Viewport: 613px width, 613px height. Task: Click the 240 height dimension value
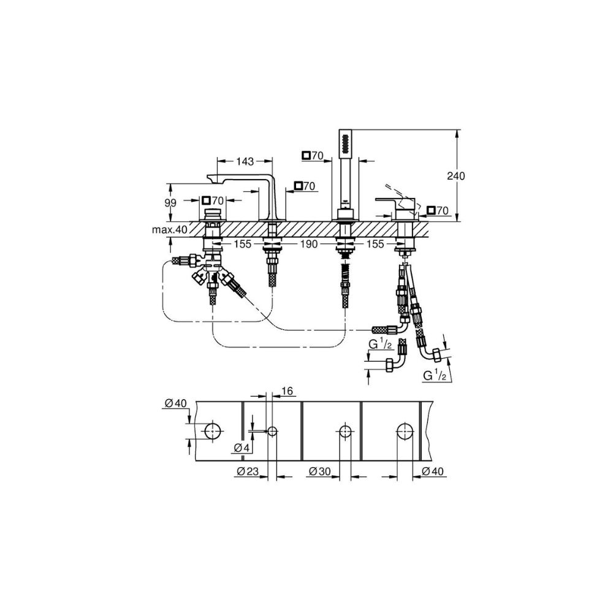tap(456, 176)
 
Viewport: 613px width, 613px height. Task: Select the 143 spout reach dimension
tap(245, 161)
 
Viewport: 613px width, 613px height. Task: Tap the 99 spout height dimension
tap(170, 203)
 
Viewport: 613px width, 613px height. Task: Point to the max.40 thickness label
tap(170, 229)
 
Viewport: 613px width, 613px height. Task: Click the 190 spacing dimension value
tap(309, 244)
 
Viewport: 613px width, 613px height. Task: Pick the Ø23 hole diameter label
tap(248, 471)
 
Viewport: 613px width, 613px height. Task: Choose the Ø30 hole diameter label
tap(319, 471)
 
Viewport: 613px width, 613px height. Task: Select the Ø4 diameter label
tap(242, 447)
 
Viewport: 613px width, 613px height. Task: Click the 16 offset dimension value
tap(286, 390)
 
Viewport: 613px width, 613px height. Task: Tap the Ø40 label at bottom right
tap(433, 471)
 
